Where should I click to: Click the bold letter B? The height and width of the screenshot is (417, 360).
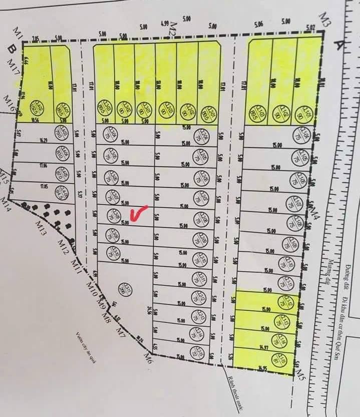10,49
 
